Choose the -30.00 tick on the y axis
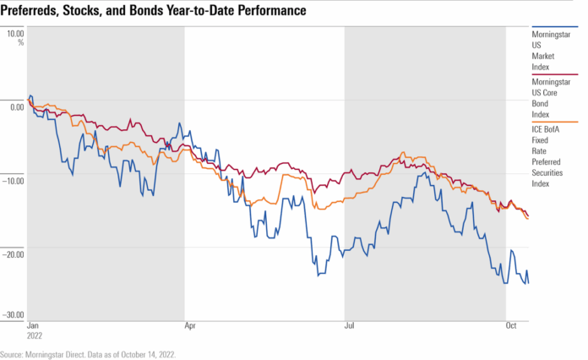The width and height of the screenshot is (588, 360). coord(14,315)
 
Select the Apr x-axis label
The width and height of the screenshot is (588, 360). coord(191,325)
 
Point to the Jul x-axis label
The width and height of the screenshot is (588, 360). coord(349,325)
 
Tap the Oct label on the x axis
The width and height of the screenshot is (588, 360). coord(510,325)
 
